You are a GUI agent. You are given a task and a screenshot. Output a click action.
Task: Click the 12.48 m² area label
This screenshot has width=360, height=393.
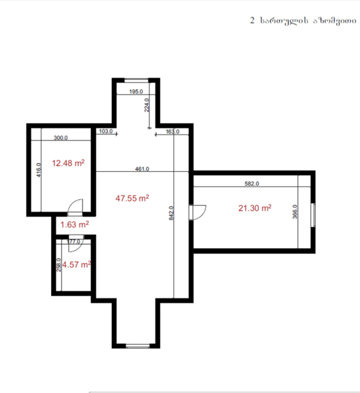pos(68,163)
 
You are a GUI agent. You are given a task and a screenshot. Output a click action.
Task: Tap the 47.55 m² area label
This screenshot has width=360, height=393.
pos(132,198)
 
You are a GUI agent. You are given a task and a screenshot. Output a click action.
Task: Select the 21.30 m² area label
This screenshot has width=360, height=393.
pos(255,208)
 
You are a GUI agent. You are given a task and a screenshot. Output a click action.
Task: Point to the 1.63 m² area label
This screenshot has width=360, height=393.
pos(75,224)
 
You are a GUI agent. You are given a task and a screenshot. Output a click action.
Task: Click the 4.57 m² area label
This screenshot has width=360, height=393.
pos(77,265)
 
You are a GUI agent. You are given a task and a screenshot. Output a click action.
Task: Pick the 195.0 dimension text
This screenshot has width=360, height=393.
pos(136,91)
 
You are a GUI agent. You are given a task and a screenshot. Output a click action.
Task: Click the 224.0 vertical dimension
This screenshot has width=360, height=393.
pos(147,105)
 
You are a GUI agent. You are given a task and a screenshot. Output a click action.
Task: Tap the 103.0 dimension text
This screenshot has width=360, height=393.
pos(106,131)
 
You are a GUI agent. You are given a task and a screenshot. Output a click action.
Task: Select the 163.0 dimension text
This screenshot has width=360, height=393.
pos(173,132)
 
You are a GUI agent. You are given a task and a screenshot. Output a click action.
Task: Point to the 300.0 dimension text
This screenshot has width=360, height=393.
pos(61,137)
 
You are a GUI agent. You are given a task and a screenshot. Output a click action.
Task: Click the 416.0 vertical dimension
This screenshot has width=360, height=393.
pos(38,170)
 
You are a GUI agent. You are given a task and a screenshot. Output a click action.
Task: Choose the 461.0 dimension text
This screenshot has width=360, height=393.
pos(142,169)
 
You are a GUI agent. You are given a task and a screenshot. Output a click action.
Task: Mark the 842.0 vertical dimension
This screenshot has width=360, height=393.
pos(171,213)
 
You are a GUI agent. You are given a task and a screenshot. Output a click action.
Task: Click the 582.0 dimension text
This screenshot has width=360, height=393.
pos(252,183)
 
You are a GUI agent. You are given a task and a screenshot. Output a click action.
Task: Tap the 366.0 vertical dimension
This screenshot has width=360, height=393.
pos(295,212)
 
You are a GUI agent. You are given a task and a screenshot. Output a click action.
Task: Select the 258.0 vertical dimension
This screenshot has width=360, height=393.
pos(59,265)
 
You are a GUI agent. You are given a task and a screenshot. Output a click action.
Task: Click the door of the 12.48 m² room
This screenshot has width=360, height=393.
pos(75,208)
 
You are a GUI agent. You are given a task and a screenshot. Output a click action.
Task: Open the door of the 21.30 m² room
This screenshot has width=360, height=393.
pos(198,212)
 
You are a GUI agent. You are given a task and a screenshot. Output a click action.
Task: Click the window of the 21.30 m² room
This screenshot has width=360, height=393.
pos(313,215)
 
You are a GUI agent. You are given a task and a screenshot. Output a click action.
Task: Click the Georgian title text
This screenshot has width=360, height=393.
pos(303,21)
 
